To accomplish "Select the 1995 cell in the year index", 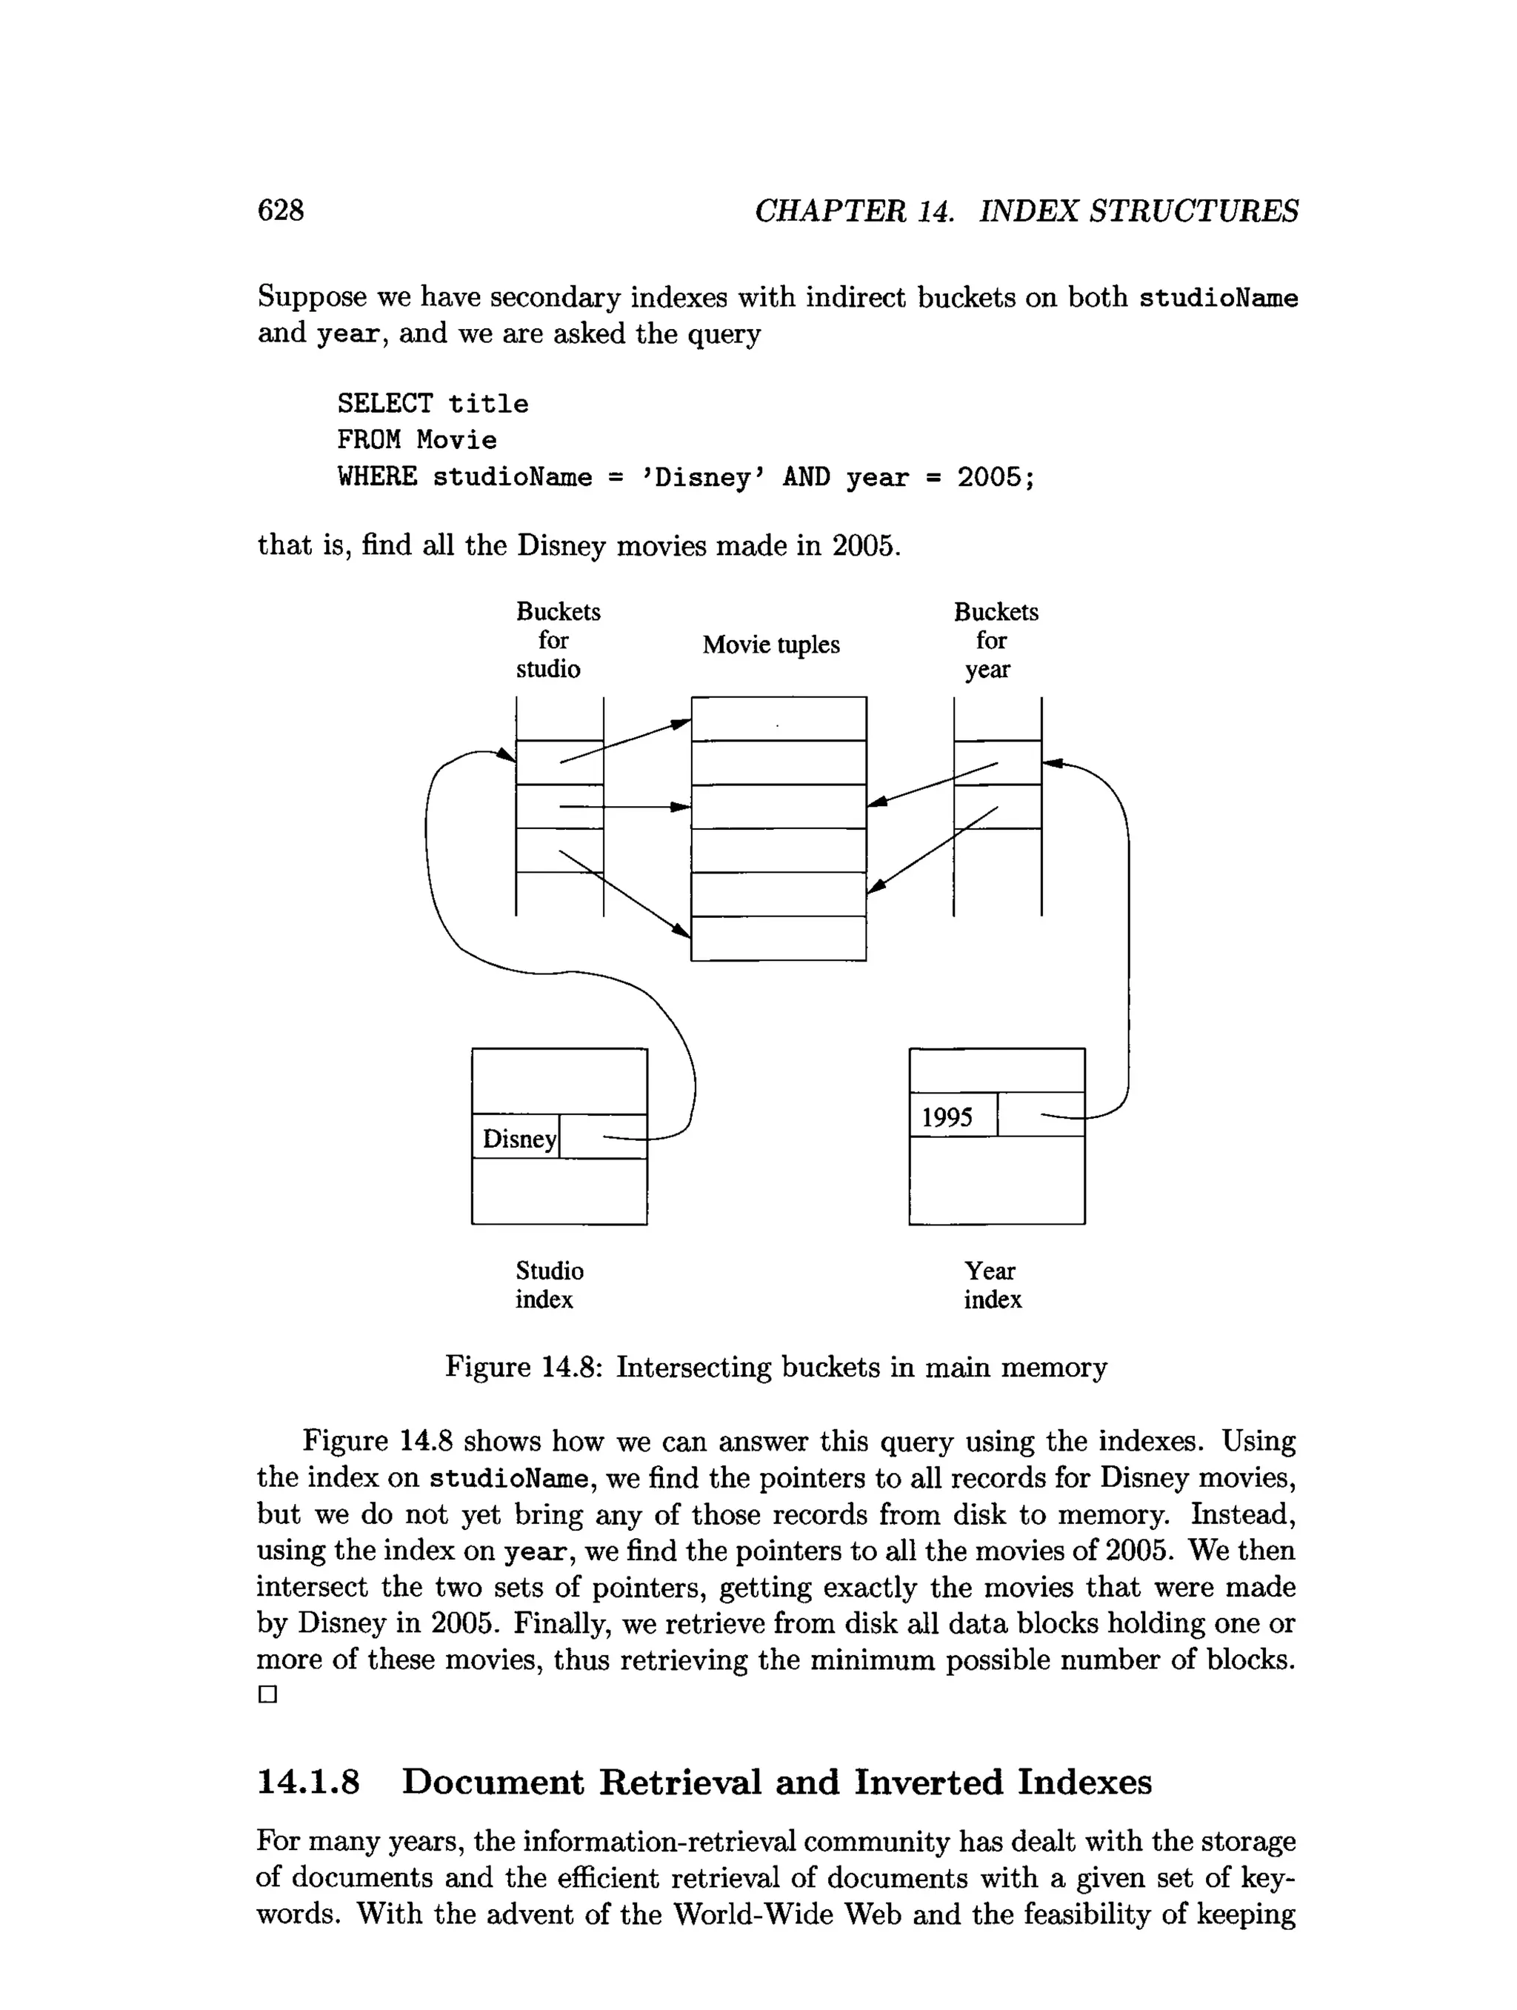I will pyautogui.click(x=947, y=1117).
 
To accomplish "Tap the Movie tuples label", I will pyautogui.click(x=770, y=645).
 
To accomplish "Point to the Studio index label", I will pyautogui.click(x=549, y=1285).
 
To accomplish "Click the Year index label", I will pyautogui.click(x=992, y=1285).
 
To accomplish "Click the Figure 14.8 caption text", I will pyautogui.click(x=776, y=1368).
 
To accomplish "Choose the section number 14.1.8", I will pyautogui.click(x=309, y=1782).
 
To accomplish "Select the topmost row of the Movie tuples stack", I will pyautogui.click(x=778, y=719).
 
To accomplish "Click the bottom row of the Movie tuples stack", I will pyautogui.click(x=778, y=938).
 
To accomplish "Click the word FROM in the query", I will pyautogui.click(x=368, y=441).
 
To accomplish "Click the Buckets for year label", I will pyautogui.click(x=995, y=641).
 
